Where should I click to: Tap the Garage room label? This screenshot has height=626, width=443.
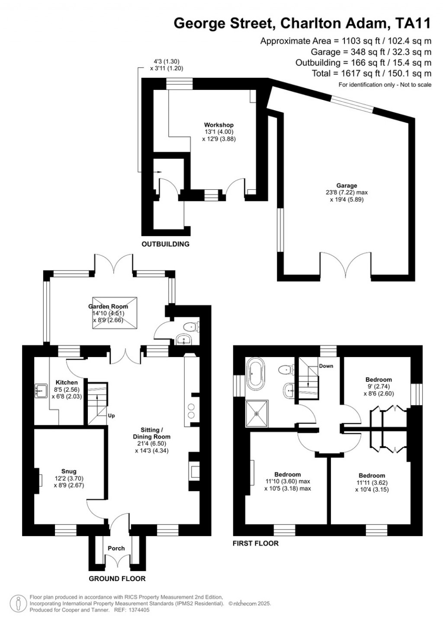click(x=347, y=185)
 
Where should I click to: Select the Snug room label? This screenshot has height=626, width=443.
click(x=69, y=471)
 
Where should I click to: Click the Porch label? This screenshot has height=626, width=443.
click(x=116, y=548)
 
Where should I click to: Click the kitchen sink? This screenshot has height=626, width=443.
click(x=42, y=391)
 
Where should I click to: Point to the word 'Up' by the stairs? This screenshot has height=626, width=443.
click(x=111, y=416)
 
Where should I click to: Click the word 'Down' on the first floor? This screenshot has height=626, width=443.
click(x=326, y=366)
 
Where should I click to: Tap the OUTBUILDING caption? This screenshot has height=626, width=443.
click(x=165, y=244)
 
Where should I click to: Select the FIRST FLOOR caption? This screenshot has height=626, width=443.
click(x=255, y=543)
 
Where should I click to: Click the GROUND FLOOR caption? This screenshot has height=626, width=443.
click(x=117, y=578)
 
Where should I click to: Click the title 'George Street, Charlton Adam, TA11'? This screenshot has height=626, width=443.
click(x=302, y=23)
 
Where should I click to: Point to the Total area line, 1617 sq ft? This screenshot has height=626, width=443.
click(x=371, y=73)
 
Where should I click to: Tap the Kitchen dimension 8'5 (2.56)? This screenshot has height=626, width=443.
click(x=67, y=390)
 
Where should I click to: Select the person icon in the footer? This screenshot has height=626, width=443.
click(x=18, y=603)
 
